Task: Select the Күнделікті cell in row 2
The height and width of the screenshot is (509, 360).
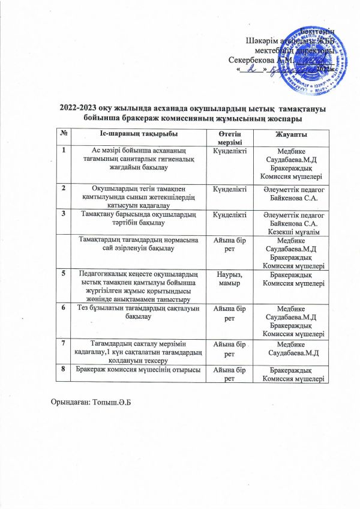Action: pyautogui.click(x=230, y=188)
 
